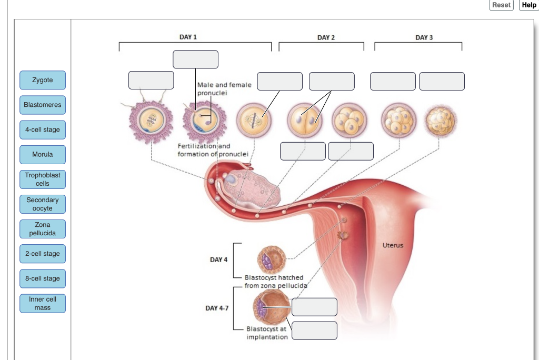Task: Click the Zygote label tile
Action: pos(43,80)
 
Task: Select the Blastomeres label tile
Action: pos(43,105)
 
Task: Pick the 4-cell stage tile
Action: pos(43,129)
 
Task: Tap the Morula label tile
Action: pos(43,155)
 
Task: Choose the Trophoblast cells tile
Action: pos(43,179)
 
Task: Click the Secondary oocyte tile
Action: pos(43,204)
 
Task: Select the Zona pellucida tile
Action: pos(43,229)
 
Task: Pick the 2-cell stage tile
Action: pos(43,254)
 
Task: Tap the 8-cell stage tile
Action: pos(43,278)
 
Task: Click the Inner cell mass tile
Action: pos(43,303)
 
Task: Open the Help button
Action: pos(528,5)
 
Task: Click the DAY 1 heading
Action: pos(188,37)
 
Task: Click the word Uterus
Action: pos(393,245)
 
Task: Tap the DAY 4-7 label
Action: pos(217,308)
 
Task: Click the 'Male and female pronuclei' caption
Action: pos(224,88)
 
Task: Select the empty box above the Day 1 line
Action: pos(195,59)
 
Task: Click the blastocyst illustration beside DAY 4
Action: pos(271,259)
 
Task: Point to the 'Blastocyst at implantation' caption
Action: pos(267,333)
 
